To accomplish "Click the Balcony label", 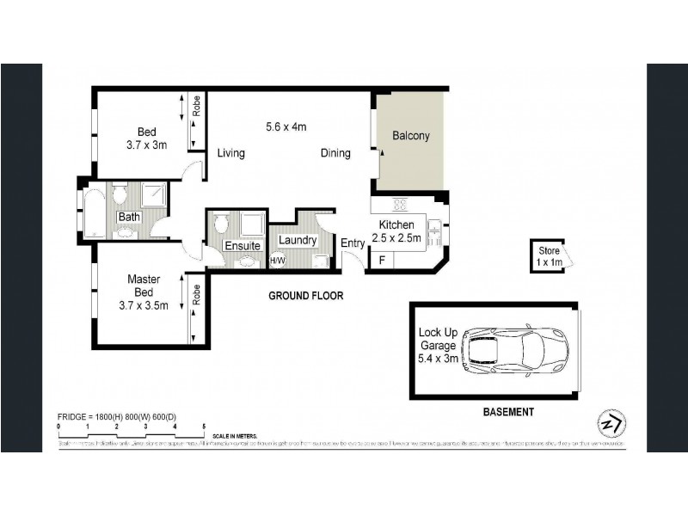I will pyautogui.click(x=410, y=136).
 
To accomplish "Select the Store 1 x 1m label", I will pyautogui.click(x=544, y=255).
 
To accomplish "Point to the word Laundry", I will pyautogui.click(x=298, y=241).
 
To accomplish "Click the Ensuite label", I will pyautogui.click(x=243, y=246).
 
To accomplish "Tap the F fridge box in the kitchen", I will pyautogui.click(x=381, y=260).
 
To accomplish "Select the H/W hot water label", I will pyautogui.click(x=278, y=261).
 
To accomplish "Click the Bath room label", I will pyautogui.click(x=129, y=217).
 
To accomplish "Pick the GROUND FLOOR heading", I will pyautogui.click(x=305, y=296).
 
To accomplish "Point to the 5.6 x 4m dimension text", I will pyautogui.click(x=286, y=126).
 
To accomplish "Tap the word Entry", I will pyautogui.click(x=353, y=243).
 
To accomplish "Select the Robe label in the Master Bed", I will pyautogui.click(x=197, y=296).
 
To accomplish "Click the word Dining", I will pyautogui.click(x=335, y=154).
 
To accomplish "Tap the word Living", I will pyautogui.click(x=230, y=154).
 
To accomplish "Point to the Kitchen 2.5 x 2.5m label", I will pyautogui.click(x=396, y=230).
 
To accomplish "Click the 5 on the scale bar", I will pyautogui.click(x=204, y=427).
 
